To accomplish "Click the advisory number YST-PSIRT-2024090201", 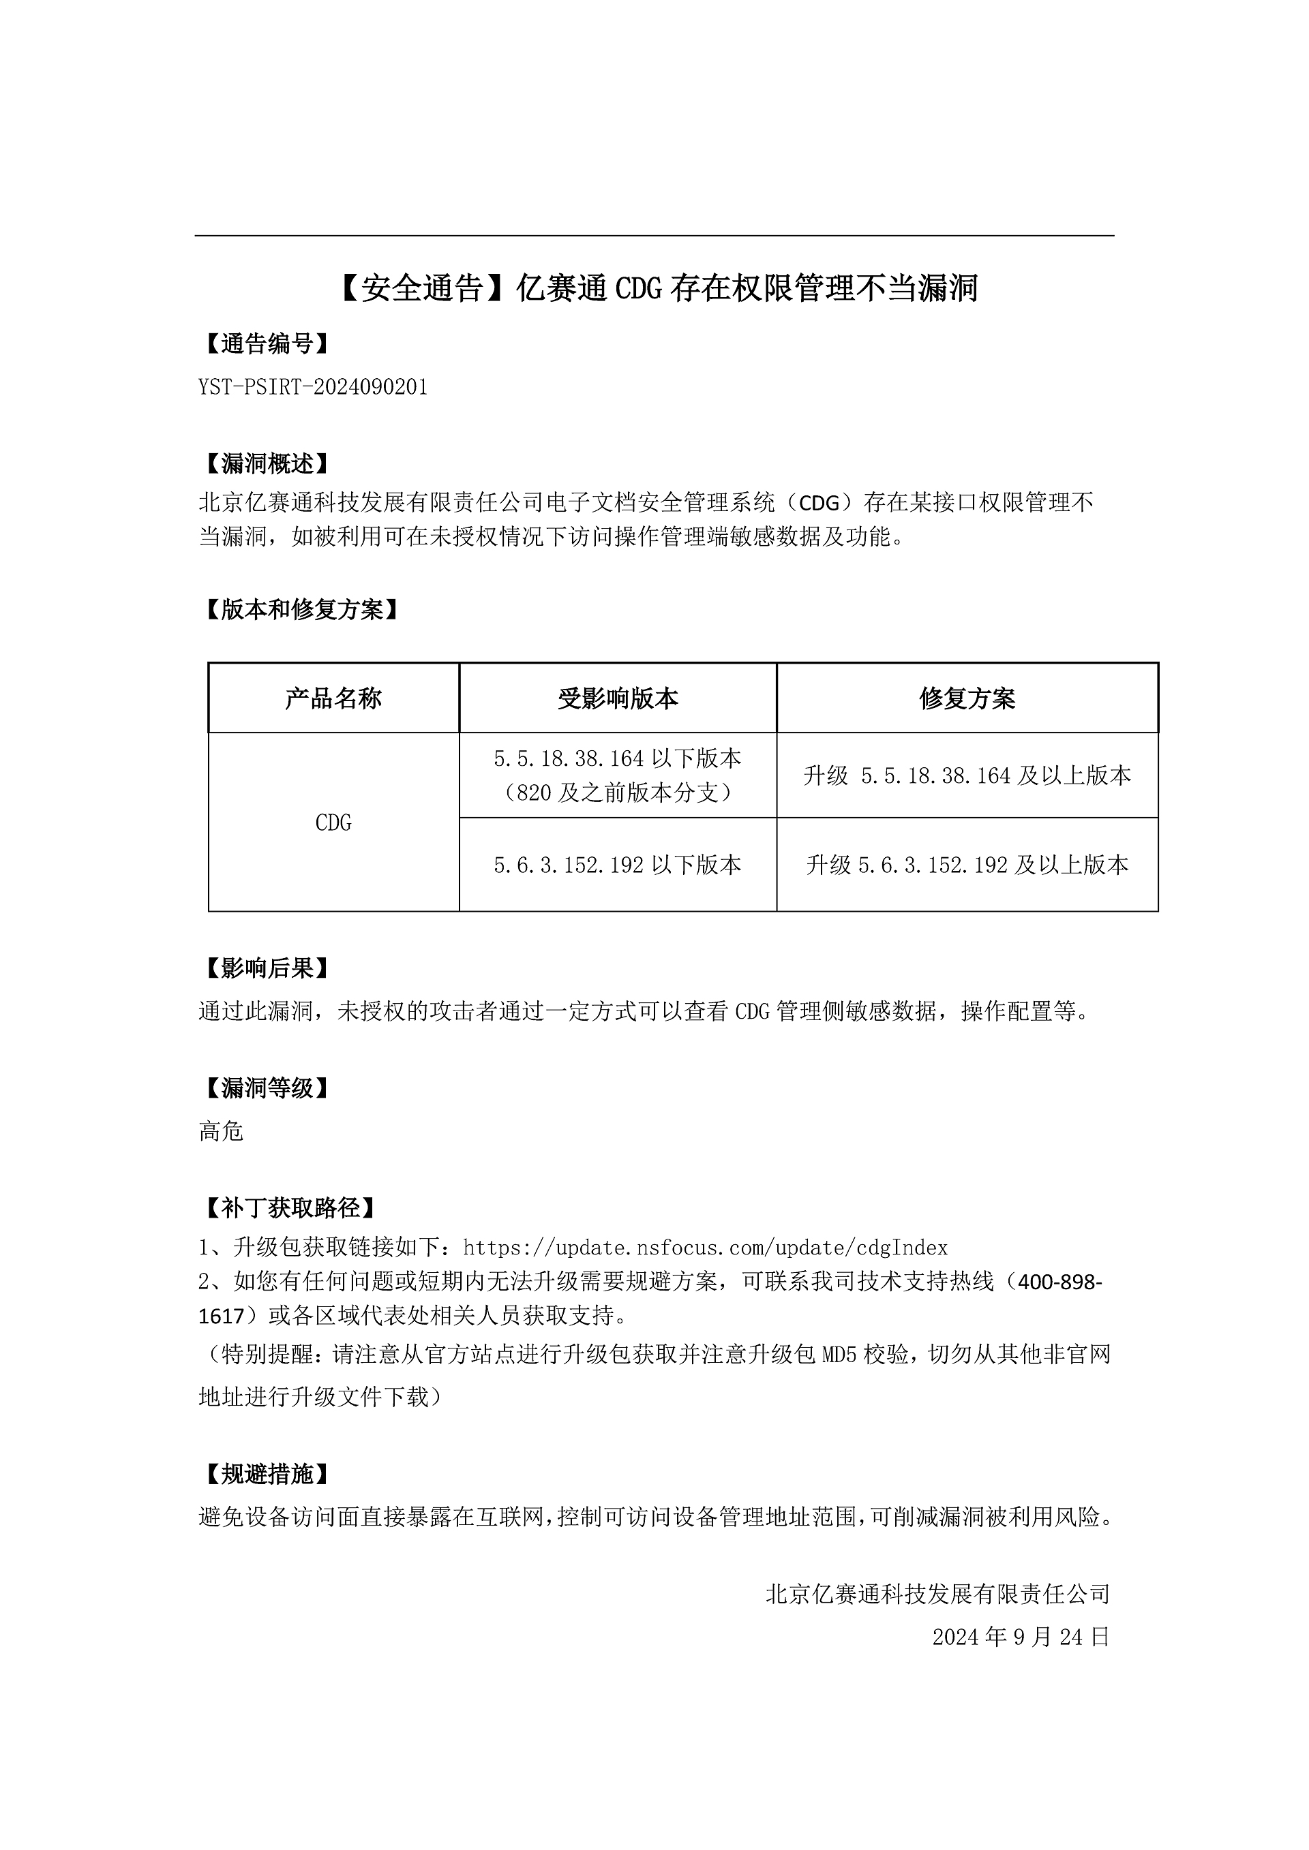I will coord(313,388).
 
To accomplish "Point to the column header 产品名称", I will coord(333,698).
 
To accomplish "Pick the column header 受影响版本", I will coord(618,698).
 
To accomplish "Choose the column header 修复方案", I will coord(967,698).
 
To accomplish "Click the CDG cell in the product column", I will coord(333,822).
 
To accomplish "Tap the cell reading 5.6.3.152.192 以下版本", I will coord(618,865).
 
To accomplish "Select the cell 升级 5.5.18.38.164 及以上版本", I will coord(967,776).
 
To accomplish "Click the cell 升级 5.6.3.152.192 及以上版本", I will coord(967,865).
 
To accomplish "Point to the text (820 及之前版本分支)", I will coord(618,794).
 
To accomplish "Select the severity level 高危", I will coord(221,1131).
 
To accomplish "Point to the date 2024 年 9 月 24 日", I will coord(1021,1637).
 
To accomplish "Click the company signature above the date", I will coord(937,1594).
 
